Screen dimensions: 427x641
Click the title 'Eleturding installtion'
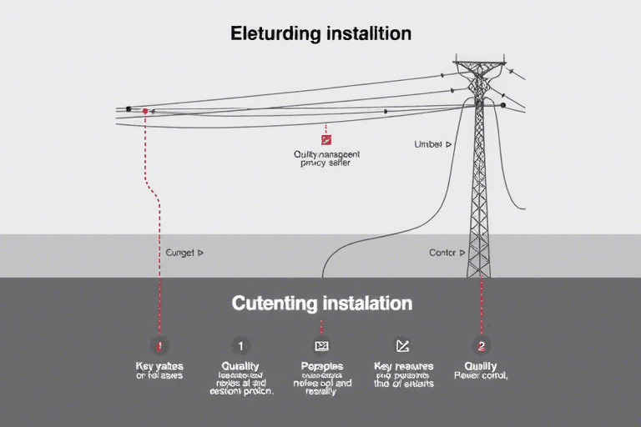point(320,35)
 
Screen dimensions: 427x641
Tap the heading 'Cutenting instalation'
point(320,302)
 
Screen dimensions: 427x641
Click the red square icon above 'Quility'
point(326,140)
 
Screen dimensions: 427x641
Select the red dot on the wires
point(145,110)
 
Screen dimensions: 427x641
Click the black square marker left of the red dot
point(128,109)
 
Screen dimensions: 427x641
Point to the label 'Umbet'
point(428,144)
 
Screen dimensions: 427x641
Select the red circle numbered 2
point(480,345)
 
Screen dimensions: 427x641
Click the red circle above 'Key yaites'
point(159,345)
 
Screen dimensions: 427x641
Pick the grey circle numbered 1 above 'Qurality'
point(240,345)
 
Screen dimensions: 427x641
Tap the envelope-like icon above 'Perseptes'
point(320,345)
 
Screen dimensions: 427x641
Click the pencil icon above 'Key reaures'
point(401,345)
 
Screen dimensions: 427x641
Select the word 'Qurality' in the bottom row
point(240,366)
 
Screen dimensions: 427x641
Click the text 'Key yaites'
point(159,366)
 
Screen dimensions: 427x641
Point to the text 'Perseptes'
point(320,366)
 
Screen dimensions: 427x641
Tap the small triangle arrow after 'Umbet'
point(448,144)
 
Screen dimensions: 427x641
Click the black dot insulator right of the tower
point(502,106)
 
